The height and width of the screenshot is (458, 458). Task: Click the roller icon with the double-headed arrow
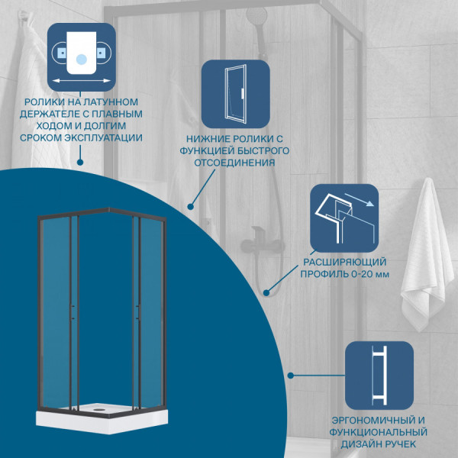[82, 57]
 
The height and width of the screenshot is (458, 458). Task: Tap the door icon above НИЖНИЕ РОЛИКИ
[235, 94]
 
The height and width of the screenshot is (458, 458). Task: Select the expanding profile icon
[344, 218]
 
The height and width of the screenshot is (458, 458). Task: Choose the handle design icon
[379, 376]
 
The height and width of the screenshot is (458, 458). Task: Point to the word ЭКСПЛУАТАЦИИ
[103, 138]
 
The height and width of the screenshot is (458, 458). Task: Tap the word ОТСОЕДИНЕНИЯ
[235, 163]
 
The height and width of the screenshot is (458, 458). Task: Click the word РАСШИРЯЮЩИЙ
[345, 262]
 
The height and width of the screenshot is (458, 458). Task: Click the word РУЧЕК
[398, 444]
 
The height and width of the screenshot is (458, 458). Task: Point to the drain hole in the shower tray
[98, 409]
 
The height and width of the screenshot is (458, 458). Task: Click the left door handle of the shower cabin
[73, 312]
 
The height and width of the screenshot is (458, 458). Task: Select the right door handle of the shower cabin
[137, 312]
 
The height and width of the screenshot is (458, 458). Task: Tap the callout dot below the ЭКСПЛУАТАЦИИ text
[79, 162]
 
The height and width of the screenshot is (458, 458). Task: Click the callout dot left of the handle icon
[290, 376]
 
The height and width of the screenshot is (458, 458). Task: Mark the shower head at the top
[256, 15]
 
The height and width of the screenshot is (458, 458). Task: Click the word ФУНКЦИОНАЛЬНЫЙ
[379, 432]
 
